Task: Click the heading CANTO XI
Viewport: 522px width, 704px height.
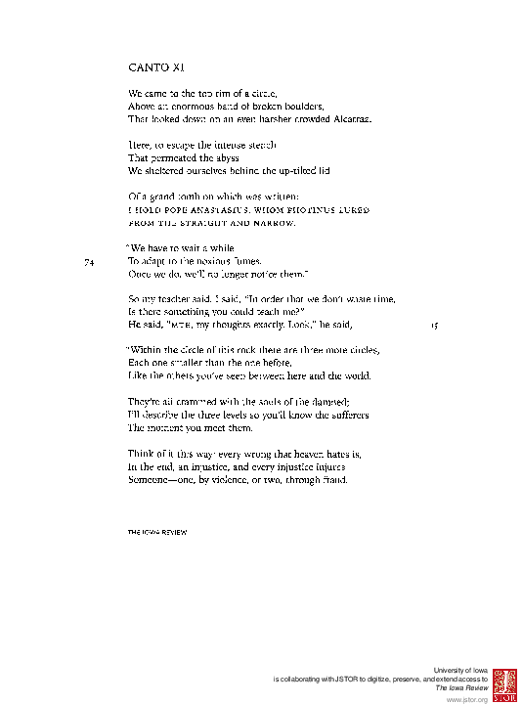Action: tap(155, 68)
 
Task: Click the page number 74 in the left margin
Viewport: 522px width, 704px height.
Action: tap(89, 261)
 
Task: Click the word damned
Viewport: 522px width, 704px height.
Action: tap(315, 401)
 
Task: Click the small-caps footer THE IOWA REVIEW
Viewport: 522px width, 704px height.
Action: tap(157, 532)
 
